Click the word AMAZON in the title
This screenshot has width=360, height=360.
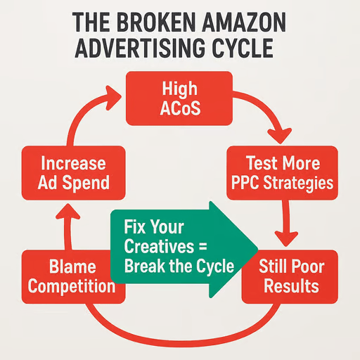244,22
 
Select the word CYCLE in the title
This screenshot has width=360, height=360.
243,48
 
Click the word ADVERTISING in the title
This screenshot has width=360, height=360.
141,48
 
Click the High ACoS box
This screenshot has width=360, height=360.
179,98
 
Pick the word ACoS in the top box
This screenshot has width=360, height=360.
180,108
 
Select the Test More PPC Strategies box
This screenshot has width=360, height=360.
282,173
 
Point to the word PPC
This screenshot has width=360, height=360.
245,183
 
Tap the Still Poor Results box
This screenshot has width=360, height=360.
290,277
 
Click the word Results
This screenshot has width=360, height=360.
292,286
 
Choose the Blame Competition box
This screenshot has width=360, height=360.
73,277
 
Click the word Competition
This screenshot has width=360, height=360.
72,287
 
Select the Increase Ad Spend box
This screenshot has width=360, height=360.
73,173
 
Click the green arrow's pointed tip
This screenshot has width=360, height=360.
258,250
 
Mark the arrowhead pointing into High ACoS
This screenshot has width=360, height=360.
112,98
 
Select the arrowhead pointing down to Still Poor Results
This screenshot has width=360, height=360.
286,238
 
